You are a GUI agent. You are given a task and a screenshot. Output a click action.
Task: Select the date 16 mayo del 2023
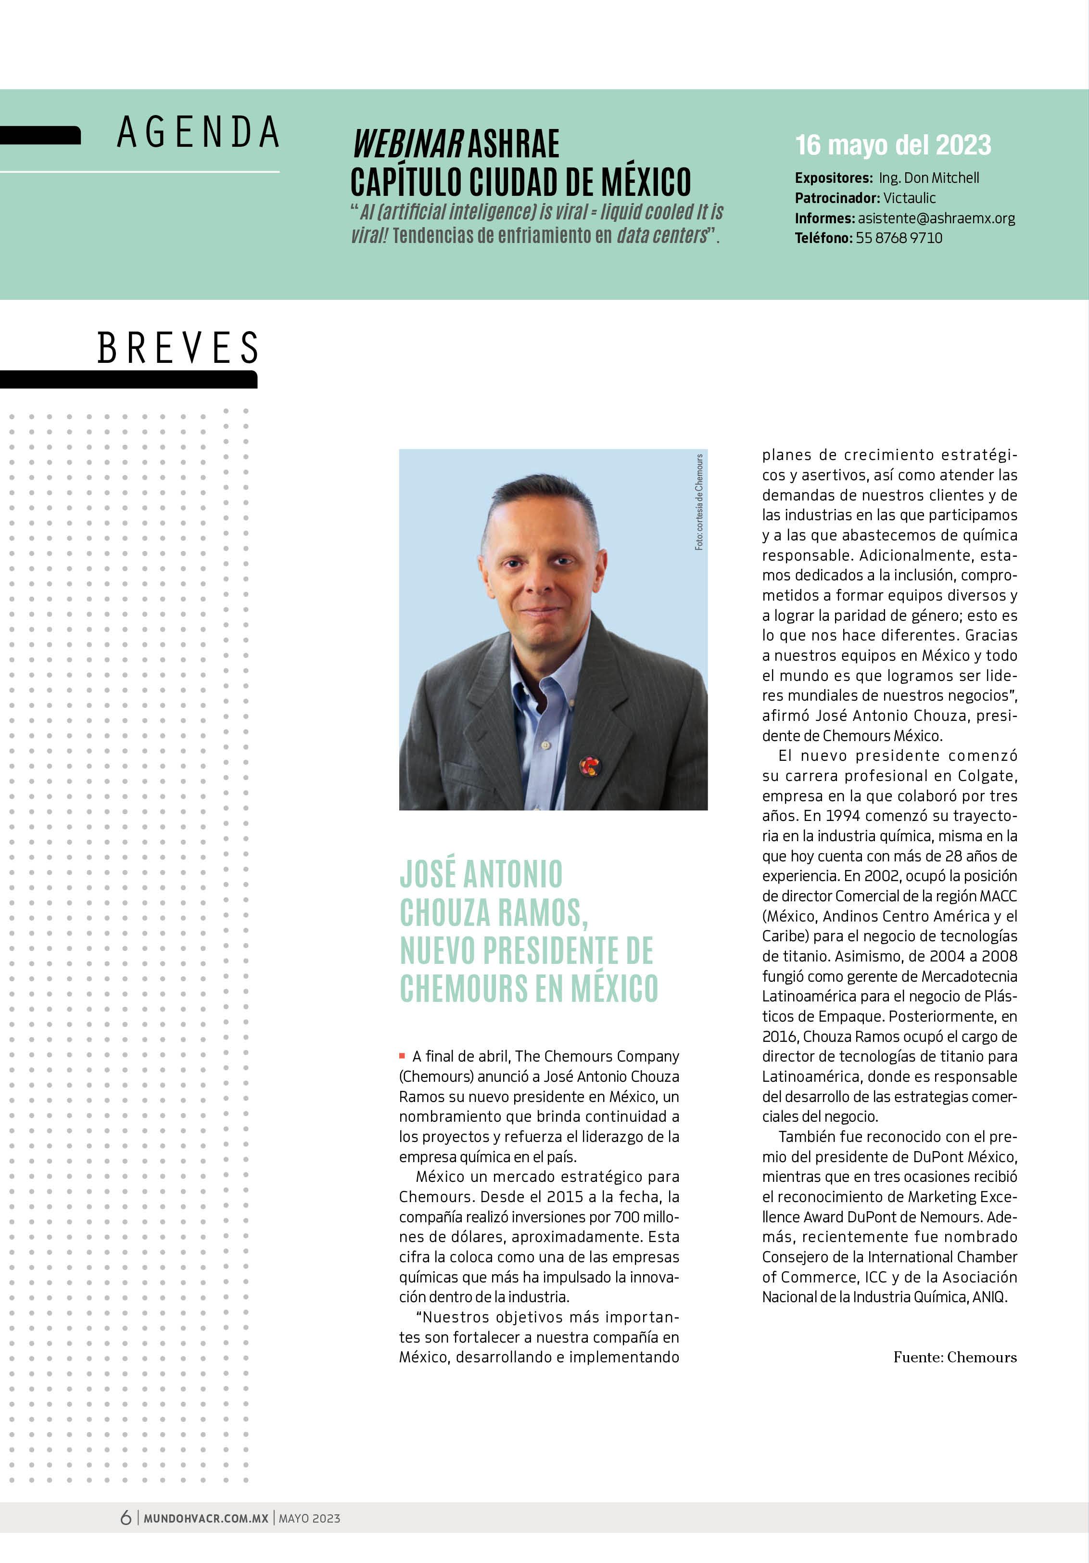pos(893,145)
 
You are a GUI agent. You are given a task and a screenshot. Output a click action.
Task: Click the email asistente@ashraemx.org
pos(936,218)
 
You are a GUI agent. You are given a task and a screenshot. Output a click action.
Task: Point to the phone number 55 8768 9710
pos(899,238)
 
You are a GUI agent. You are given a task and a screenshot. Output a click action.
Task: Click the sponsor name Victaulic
pos(909,198)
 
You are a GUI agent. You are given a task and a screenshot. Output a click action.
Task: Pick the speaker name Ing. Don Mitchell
pos(928,178)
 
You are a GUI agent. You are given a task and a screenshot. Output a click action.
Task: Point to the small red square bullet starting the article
pos(402,1056)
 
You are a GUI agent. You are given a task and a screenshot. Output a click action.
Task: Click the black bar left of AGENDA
pos(39,136)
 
